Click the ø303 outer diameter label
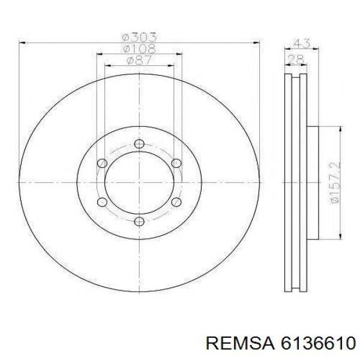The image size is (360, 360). point(139,37)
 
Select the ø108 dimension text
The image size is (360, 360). point(139,49)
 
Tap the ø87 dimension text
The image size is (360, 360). point(139,60)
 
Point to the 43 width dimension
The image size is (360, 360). point(302,43)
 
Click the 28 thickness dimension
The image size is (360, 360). point(296,60)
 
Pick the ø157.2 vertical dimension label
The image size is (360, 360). point(335,182)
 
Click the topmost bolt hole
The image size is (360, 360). point(139,144)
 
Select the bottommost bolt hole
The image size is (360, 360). point(139,221)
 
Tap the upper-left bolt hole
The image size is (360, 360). point(102,163)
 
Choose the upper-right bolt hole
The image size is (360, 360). point(176,163)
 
